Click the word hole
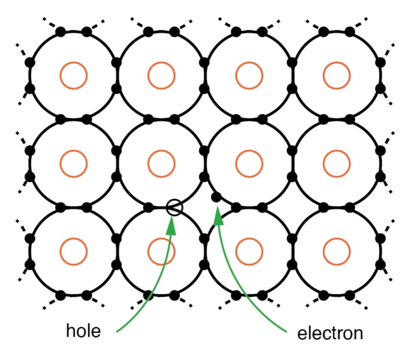85,330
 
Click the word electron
330,333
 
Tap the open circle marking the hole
175,207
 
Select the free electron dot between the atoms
216,197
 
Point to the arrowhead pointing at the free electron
219,217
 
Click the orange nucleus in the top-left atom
73,76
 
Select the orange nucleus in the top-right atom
337,76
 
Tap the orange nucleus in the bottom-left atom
73,251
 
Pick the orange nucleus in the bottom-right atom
337,251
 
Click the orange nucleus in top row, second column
161,76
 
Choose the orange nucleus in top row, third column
249,76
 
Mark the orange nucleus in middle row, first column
73,164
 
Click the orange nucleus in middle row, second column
161,164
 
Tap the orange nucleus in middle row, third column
249,164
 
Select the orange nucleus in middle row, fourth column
337,164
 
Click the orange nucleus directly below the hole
161,251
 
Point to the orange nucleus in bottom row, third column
249,251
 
